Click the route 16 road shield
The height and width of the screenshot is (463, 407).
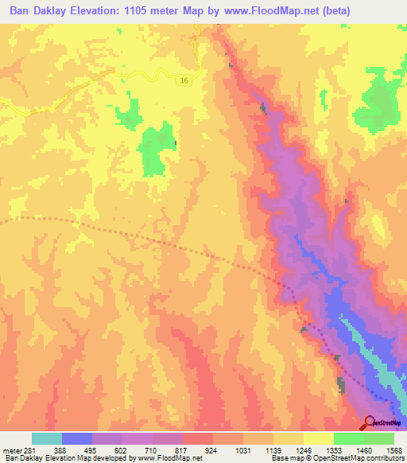(x=184, y=81)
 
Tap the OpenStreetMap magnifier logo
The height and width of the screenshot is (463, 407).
(x=370, y=423)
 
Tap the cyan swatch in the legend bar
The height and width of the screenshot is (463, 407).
(x=47, y=438)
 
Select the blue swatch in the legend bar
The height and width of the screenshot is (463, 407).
(x=77, y=438)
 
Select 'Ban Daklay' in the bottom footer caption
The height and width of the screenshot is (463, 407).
(x=19, y=458)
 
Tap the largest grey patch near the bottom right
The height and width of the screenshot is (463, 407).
(x=342, y=386)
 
